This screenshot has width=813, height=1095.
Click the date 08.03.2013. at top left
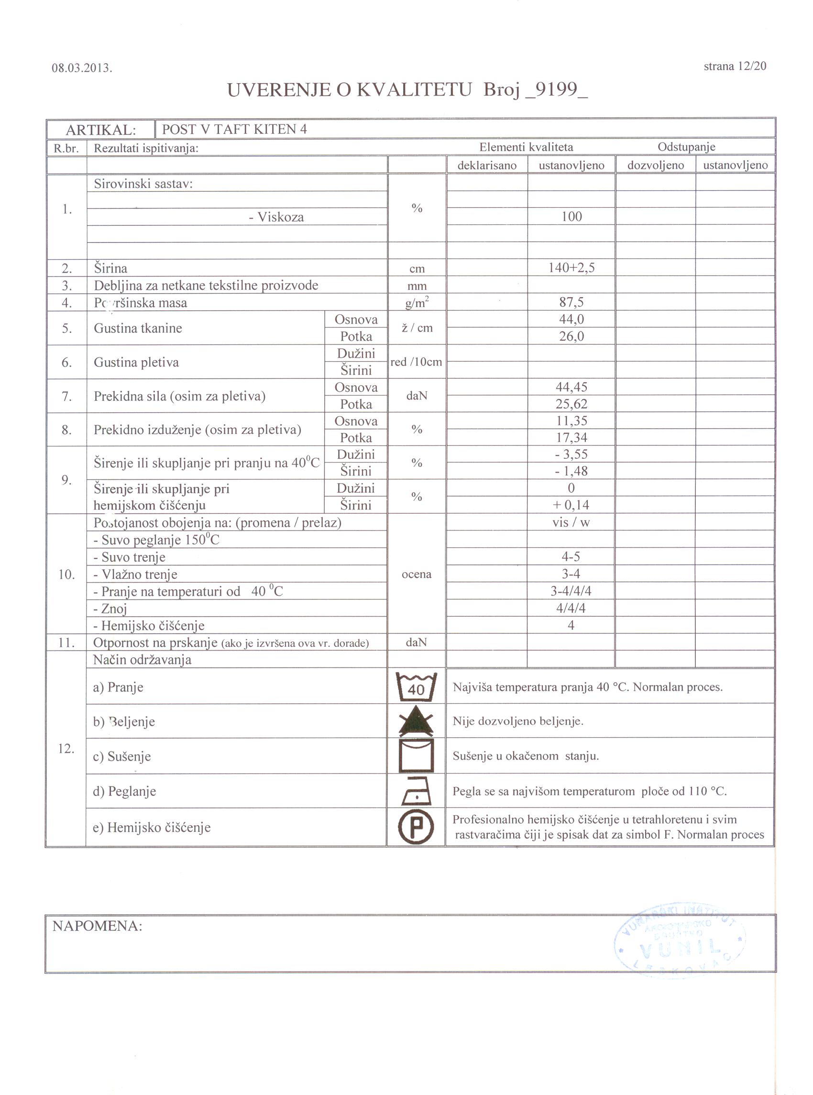(82, 68)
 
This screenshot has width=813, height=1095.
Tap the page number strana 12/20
(735, 66)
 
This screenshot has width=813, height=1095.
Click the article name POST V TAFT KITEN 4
(234, 129)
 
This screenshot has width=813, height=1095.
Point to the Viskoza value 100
(571, 217)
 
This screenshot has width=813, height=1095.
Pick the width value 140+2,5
(571, 268)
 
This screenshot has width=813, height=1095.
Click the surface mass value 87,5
(571, 302)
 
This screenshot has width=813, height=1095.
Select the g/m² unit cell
(417, 303)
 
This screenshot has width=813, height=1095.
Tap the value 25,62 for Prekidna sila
(571, 404)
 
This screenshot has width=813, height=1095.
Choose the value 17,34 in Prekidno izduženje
(571, 438)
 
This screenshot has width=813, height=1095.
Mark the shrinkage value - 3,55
(571, 454)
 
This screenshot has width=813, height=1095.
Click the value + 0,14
(571, 505)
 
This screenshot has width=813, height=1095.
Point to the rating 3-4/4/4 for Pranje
(571, 591)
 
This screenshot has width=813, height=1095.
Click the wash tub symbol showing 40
(417, 687)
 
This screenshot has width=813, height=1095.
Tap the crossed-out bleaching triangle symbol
(417, 721)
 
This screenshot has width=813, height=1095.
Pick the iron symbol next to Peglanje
(417, 791)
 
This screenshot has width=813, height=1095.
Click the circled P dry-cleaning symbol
(417, 827)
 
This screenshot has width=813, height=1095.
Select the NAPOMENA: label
(97, 926)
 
